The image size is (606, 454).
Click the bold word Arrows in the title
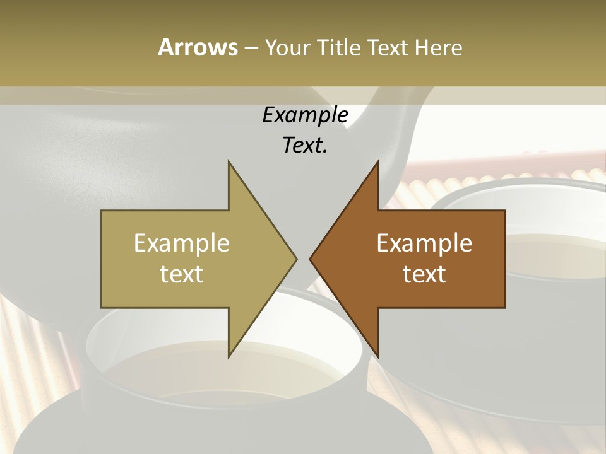pyautogui.click(x=197, y=47)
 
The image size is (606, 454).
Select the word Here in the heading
pyautogui.click(x=438, y=47)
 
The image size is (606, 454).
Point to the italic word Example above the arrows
pyautogui.click(x=306, y=115)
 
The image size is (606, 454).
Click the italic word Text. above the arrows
pyautogui.click(x=306, y=146)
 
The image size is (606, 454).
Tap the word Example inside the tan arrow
pyautogui.click(x=181, y=243)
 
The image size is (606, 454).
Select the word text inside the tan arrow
pyautogui.click(x=181, y=274)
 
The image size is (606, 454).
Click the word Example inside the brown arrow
pyautogui.click(x=424, y=243)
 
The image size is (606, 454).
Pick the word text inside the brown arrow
pyautogui.click(x=424, y=274)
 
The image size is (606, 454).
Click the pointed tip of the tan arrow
pyautogui.click(x=296, y=259)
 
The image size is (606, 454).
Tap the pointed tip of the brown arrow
pyautogui.click(x=310, y=259)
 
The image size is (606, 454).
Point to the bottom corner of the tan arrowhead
pyautogui.click(x=229, y=356)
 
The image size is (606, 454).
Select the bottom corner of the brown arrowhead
pyautogui.click(x=377, y=356)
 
